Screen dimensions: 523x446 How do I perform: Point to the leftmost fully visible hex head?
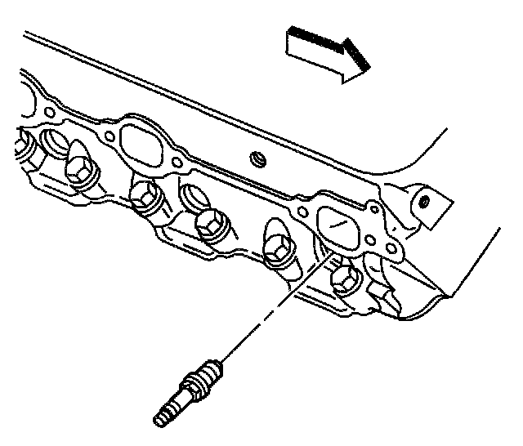[79, 171]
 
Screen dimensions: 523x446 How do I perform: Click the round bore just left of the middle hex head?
[190, 196]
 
